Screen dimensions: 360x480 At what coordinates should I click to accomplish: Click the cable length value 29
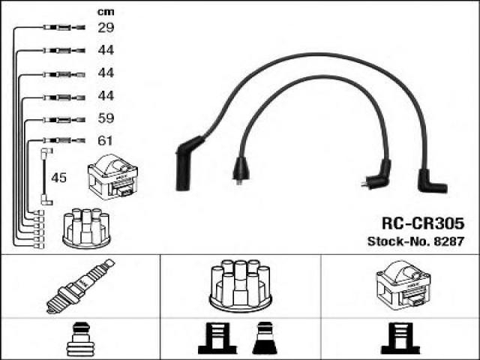[105, 28]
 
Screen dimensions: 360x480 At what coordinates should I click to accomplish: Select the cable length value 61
[105, 141]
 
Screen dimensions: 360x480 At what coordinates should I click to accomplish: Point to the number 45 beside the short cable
[58, 178]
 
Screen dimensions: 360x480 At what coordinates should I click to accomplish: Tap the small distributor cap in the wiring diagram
[86, 226]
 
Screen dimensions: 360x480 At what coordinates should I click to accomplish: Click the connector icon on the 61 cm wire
[56, 140]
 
